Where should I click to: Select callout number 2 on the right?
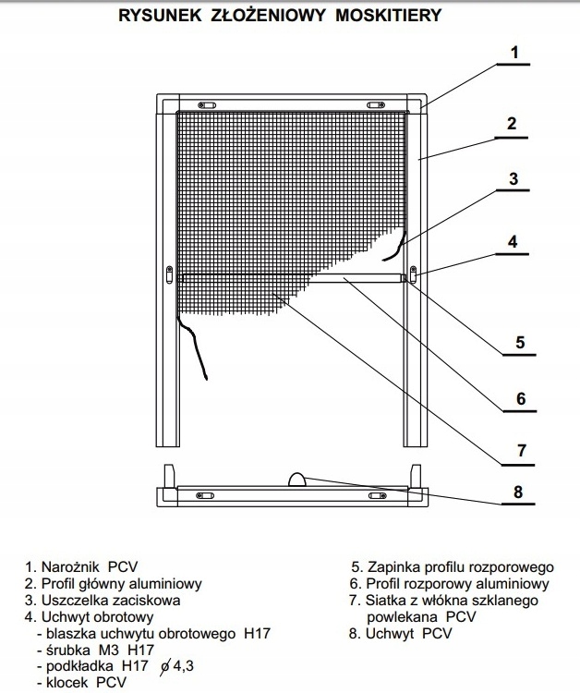click(x=511, y=124)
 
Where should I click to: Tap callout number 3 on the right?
click(x=514, y=179)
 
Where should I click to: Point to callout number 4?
click(x=514, y=243)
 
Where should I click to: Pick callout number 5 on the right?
click(x=519, y=342)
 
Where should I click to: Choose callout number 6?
click(x=520, y=399)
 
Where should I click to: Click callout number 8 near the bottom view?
click(x=518, y=492)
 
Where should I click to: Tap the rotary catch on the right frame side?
click(x=413, y=274)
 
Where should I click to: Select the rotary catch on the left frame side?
click(x=169, y=274)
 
